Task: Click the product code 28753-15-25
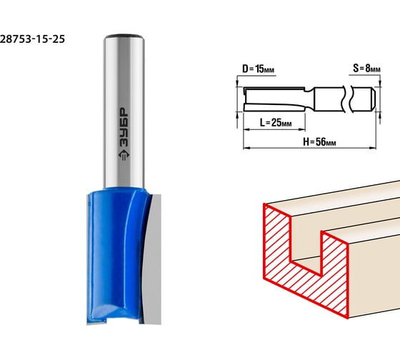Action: [32, 39]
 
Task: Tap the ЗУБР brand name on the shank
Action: [124, 127]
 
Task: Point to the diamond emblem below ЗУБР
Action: [124, 155]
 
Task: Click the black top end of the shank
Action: [124, 36]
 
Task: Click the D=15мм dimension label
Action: [258, 69]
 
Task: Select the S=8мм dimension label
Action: [366, 69]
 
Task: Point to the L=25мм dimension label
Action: [276, 123]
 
